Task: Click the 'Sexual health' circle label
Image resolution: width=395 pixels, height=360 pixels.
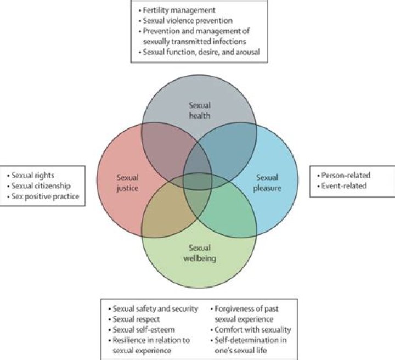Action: pos(199,110)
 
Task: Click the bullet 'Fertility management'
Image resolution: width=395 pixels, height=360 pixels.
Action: pos(177,9)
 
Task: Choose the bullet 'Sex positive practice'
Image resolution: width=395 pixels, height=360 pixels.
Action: pos(45,196)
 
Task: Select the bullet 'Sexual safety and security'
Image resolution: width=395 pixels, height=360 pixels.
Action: pos(155,309)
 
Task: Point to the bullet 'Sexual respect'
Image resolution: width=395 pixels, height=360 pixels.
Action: pos(134,319)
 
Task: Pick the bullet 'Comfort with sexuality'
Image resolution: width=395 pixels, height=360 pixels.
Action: pos(253,330)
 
